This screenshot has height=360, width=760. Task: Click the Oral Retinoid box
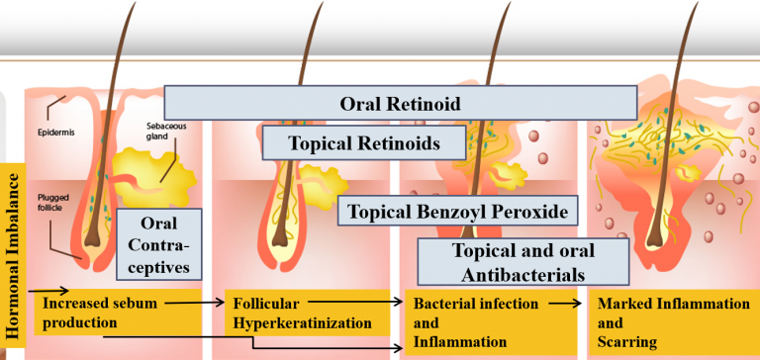(400, 102)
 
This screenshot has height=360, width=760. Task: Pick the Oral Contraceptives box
(159, 242)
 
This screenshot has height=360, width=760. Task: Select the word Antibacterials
(522, 274)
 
